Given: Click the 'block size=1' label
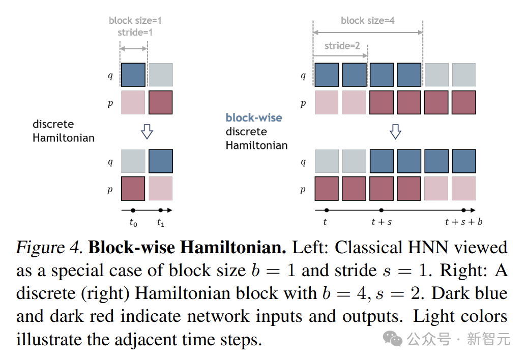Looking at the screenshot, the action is pos(135,20).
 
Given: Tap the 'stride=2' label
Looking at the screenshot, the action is pos(342,46).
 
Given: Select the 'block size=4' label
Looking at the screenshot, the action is pos(367,20).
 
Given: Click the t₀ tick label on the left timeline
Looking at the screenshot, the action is pos(133,223).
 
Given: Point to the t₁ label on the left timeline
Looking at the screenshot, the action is pos(161,223).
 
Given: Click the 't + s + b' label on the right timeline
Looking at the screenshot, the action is pos(463,222).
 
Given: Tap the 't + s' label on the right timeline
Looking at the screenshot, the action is pos(382,222).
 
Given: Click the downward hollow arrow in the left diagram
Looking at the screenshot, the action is pos(147,131).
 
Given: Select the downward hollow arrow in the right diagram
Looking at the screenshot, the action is pos(395,131).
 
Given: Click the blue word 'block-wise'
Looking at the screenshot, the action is pos(254,117).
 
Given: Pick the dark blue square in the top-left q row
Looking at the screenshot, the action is pos(133,75).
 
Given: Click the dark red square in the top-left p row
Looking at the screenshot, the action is pos(161,102).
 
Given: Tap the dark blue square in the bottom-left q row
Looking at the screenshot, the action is pos(161,161).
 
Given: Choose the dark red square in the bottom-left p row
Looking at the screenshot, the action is pos(133,189).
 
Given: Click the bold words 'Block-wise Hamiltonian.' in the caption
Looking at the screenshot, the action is pos(187,248).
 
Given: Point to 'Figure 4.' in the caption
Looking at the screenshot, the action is pos(49,248).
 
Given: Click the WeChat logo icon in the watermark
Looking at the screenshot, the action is pos(393,338).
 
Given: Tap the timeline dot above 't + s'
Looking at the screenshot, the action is pos(381,210).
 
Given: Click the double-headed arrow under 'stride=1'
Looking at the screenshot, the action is pos(133,49).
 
